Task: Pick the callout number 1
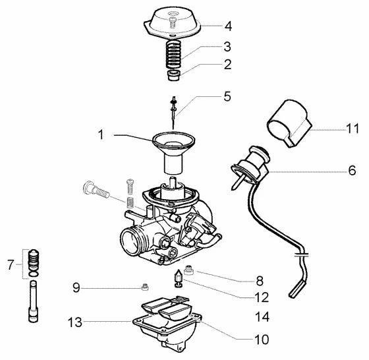point(101,135)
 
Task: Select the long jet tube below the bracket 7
point(33,301)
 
